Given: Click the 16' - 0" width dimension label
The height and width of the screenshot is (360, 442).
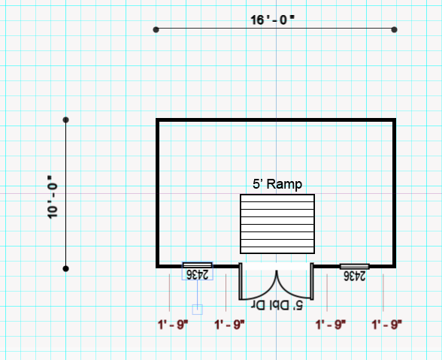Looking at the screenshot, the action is click(272, 20).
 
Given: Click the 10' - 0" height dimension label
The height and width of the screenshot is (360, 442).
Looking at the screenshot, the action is click(53, 198).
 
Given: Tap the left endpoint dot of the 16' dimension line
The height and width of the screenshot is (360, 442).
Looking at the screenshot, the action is click(156, 29).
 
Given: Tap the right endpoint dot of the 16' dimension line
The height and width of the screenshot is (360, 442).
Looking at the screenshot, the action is click(395, 29).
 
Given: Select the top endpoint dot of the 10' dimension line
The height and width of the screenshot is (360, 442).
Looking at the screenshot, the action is click(65, 120).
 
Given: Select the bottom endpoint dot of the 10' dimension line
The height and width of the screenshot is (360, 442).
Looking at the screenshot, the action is click(65, 268).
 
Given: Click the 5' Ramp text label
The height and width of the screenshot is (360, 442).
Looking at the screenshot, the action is click(277, 184).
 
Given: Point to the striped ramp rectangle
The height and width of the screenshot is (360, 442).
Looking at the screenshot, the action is click(277, 224).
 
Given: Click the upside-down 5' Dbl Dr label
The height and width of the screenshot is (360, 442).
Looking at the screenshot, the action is click(277, 305).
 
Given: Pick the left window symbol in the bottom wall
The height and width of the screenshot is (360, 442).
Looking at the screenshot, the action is click(197, 265).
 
